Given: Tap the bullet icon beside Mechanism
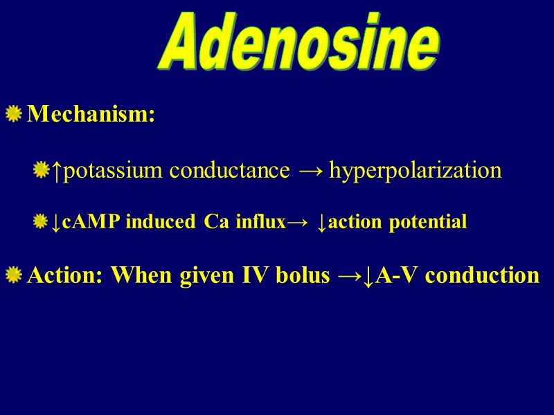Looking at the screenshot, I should (x=13, y=113).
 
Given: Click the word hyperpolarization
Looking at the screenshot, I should (x=415, y=170).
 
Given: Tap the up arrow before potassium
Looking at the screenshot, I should (x=58, y=170).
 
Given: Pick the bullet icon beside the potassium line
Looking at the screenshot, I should (x=42, y=169).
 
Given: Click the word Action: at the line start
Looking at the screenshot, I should (x=66, y=276).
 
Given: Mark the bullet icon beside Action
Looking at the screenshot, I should (x=13, y=276).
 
